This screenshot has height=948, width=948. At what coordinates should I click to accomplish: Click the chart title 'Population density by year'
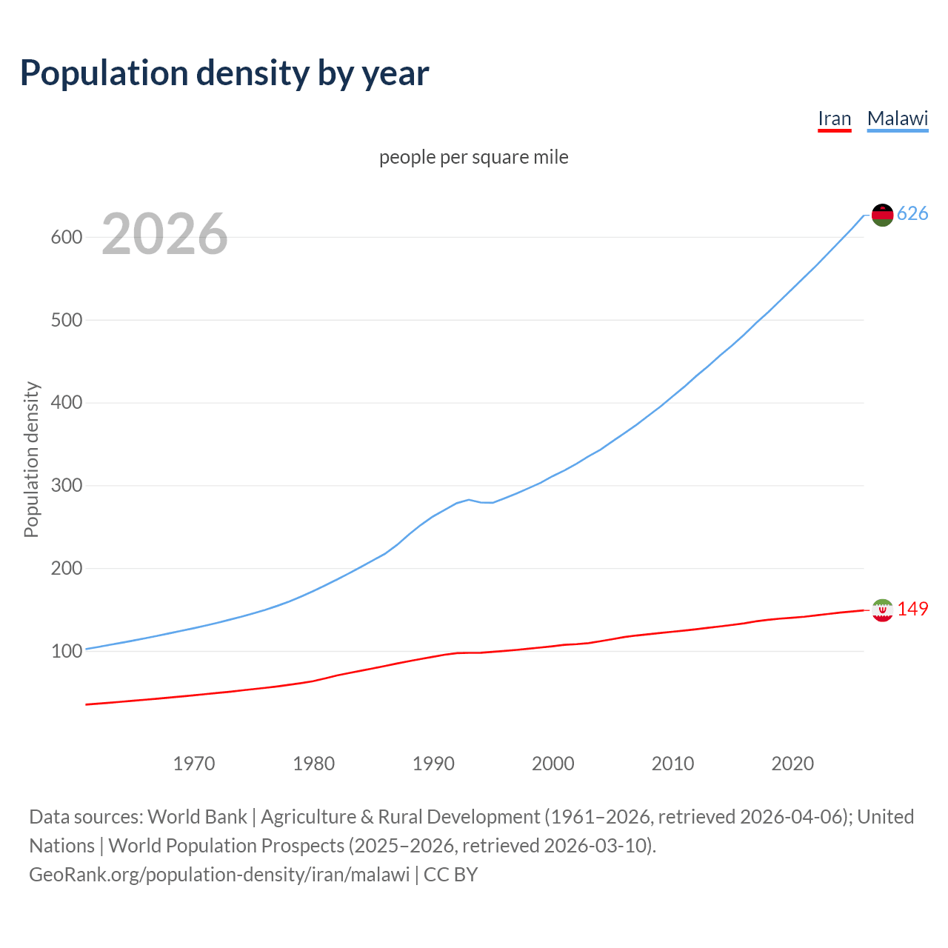coord(224,73)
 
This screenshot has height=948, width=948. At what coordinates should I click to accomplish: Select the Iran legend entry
coord(834,118)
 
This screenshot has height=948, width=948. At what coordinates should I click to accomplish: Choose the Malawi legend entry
coord(897,118)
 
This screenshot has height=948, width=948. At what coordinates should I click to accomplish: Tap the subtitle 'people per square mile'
coord(473,158)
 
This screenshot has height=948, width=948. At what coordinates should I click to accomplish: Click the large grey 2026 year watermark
coord(164,234)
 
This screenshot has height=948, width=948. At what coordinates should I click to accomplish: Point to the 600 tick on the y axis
coord(66,238)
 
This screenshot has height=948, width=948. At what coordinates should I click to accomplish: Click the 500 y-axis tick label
coord(66,321)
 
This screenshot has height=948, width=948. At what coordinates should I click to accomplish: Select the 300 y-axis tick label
coord(66,486)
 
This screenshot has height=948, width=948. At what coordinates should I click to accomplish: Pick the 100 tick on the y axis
coord(66,652)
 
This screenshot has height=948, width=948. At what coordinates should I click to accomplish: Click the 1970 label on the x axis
coord(194,764)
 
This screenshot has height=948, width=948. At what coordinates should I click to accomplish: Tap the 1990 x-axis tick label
coord(433,764)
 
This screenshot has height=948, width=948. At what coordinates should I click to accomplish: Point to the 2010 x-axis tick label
coord(672,764)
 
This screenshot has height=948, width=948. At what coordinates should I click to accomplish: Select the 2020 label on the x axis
coord(792,764)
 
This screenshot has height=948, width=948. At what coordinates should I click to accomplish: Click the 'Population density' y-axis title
coord(31,459)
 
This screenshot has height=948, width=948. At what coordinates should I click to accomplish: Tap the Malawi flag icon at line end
coord(882,215)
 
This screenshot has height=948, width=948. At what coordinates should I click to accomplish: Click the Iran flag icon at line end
coord(882,610)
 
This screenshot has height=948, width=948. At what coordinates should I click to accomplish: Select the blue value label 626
coord(912,214)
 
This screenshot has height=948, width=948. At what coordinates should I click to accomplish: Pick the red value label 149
coord(912,609)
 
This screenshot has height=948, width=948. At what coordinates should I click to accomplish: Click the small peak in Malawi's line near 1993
coord(469,499)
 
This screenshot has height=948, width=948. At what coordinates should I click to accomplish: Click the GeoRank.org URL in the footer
coord(219,875)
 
